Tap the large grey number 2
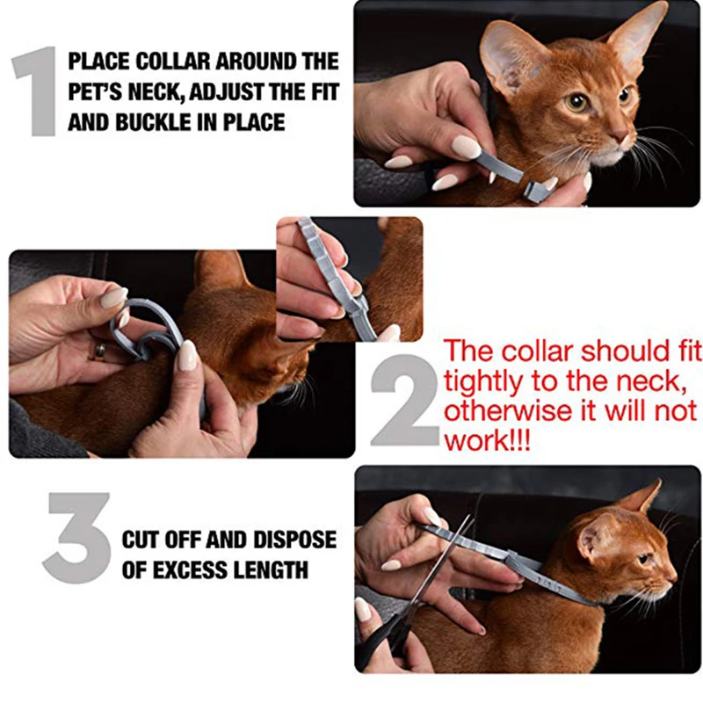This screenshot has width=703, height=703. click(x=404, y=401)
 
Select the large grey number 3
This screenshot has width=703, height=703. click(x=77, y=538)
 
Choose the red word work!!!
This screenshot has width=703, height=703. click(x=488, y=442)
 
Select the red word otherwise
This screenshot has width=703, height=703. click(x=508, y=410)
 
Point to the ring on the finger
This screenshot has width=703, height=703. click(x=99, y=351)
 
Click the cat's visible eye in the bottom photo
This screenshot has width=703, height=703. click(x=644, y=559)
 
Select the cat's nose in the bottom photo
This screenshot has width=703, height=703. click(x=673, y=577)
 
